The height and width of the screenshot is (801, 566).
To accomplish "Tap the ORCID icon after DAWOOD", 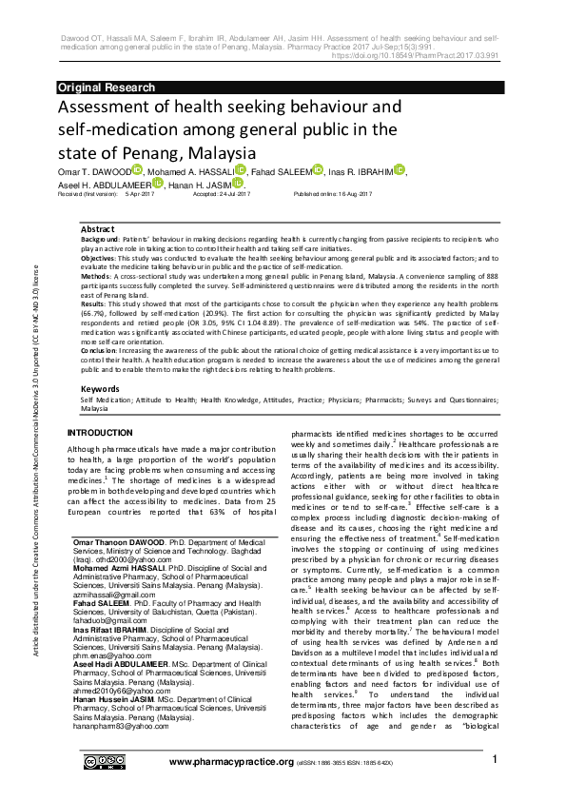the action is click(x=138, y=170).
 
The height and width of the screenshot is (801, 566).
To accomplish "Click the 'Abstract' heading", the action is click(x=98, y=230).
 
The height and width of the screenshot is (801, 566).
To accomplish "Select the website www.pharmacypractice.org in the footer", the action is click(x=230, y=789).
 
